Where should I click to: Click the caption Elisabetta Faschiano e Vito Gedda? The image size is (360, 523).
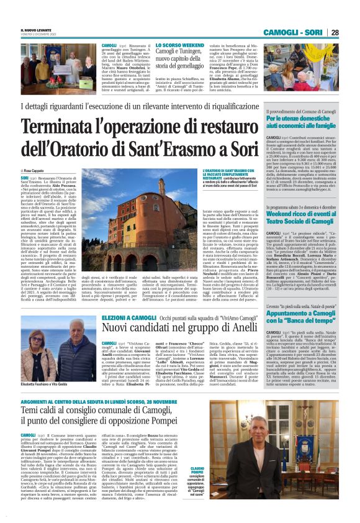47,385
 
